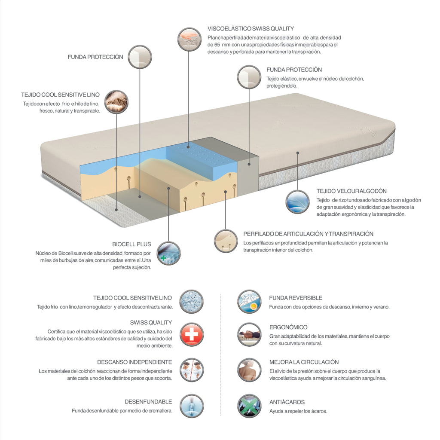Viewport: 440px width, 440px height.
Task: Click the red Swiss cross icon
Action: pyautogui.click(x=191, y=334)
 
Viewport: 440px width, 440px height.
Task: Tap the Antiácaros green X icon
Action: pyautogui.click(x=249, y=406)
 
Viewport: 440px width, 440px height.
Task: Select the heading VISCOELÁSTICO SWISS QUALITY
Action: pyautogui.click(x=251, y=29)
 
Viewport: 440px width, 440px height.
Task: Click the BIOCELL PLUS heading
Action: pyautogui.click(x=131, y=244)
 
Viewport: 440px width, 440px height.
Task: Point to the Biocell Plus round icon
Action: pyautogui.click(x=168, y=254)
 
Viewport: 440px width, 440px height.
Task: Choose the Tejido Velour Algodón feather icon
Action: pyautogui.click(x=297, y=202)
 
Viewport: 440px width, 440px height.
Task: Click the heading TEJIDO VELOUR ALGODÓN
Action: pyautogui.click(x=351, y=191)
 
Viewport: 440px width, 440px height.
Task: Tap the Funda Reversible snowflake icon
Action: pyautogui.click(x=249, y=302)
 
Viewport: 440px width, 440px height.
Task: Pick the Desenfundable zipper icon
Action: pyautogui.click(x=192, y=406)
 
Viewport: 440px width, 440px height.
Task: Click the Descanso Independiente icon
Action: pyautogui.click(x=192, y=370)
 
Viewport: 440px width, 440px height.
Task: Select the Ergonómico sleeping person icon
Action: pyautogui.click(x=249, y=334)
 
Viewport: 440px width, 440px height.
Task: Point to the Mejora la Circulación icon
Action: pyautogui.click(x=249, y=370)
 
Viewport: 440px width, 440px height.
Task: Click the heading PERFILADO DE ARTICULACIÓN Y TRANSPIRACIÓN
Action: pyautogui.click(x=308, y=234)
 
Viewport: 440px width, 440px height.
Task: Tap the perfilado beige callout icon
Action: pyautogui.click(x=226, y=241)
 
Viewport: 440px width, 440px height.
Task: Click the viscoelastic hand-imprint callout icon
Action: pyautogui.click(x=189, y=39)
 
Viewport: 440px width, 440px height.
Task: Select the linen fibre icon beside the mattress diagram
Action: pyautogui.click(x=116, y=102)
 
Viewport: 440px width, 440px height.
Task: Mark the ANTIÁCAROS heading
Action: pyautogui.click(x=287, y=402)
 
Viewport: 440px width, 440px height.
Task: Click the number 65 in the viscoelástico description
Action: pyautogui.click(x=217, y=45)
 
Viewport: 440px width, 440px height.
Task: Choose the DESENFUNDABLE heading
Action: pyautogui.click(x=148, y=402)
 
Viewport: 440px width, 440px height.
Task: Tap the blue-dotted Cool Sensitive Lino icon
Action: pyautogui.click(x=191, y=302)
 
